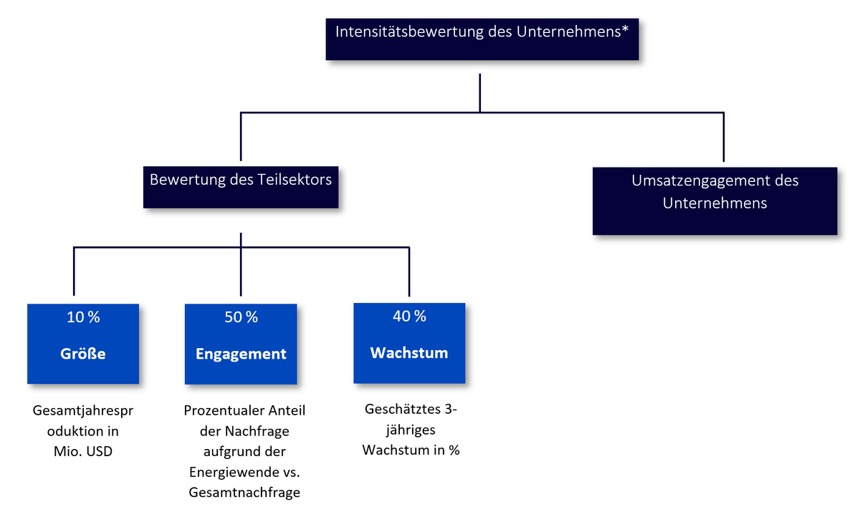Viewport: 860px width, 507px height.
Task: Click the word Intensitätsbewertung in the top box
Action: point(410,32)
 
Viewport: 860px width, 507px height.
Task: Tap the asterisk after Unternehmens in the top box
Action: point(625,29)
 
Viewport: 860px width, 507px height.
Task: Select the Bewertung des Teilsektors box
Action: point(241,187)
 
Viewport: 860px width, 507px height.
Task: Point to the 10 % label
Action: point(83,317)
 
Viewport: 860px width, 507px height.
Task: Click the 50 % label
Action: point(241,317)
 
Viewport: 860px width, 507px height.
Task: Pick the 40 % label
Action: point(409,317)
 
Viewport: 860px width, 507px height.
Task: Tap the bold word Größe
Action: point(83,354)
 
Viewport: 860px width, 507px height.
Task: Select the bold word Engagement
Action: point(241,354)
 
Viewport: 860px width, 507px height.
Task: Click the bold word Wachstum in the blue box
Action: point(409,353)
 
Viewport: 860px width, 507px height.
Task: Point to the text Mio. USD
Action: point(83,451)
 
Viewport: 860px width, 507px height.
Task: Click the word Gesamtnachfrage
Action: point(244,493)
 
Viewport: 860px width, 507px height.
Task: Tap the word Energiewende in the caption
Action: point(235,472)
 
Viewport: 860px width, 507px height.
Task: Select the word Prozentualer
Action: point(224,410)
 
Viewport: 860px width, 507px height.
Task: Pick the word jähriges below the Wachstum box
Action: point(411,430)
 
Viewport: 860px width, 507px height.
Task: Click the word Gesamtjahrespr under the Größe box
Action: point(83,411)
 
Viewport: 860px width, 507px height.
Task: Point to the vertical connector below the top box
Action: point(480,93)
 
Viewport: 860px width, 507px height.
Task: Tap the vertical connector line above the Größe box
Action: point(74,271)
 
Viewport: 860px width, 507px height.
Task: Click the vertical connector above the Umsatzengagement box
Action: point(724,137)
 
